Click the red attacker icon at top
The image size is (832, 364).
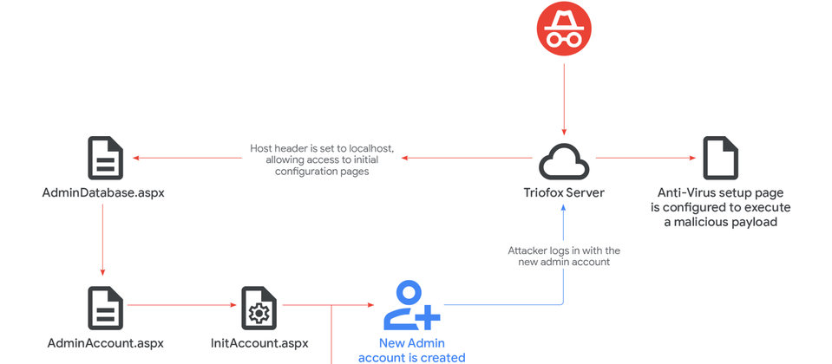(x=565, y=28)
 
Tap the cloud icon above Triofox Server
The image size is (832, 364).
(x=565, y=159)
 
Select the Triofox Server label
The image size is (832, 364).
(x=566, y=192)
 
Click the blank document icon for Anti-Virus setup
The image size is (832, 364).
(x=720, y=158)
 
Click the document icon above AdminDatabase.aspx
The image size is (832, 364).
(x=105, y=158)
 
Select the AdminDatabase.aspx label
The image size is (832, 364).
(x=103, y=192)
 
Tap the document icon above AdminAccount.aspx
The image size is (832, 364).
(x=105, y=307)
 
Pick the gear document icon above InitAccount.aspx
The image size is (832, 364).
(x=259, y=307)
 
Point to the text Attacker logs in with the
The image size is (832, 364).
(x=564, y=250)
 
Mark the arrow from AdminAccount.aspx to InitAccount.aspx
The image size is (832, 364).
(x=182, y=305)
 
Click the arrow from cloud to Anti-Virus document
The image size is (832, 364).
(x=646, y=158)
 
